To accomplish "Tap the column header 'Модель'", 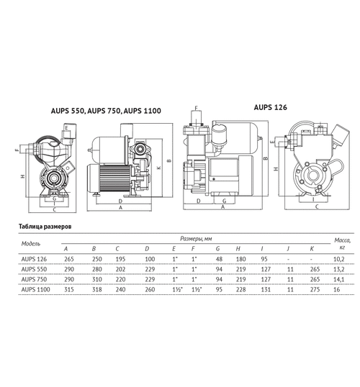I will (35, 242).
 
